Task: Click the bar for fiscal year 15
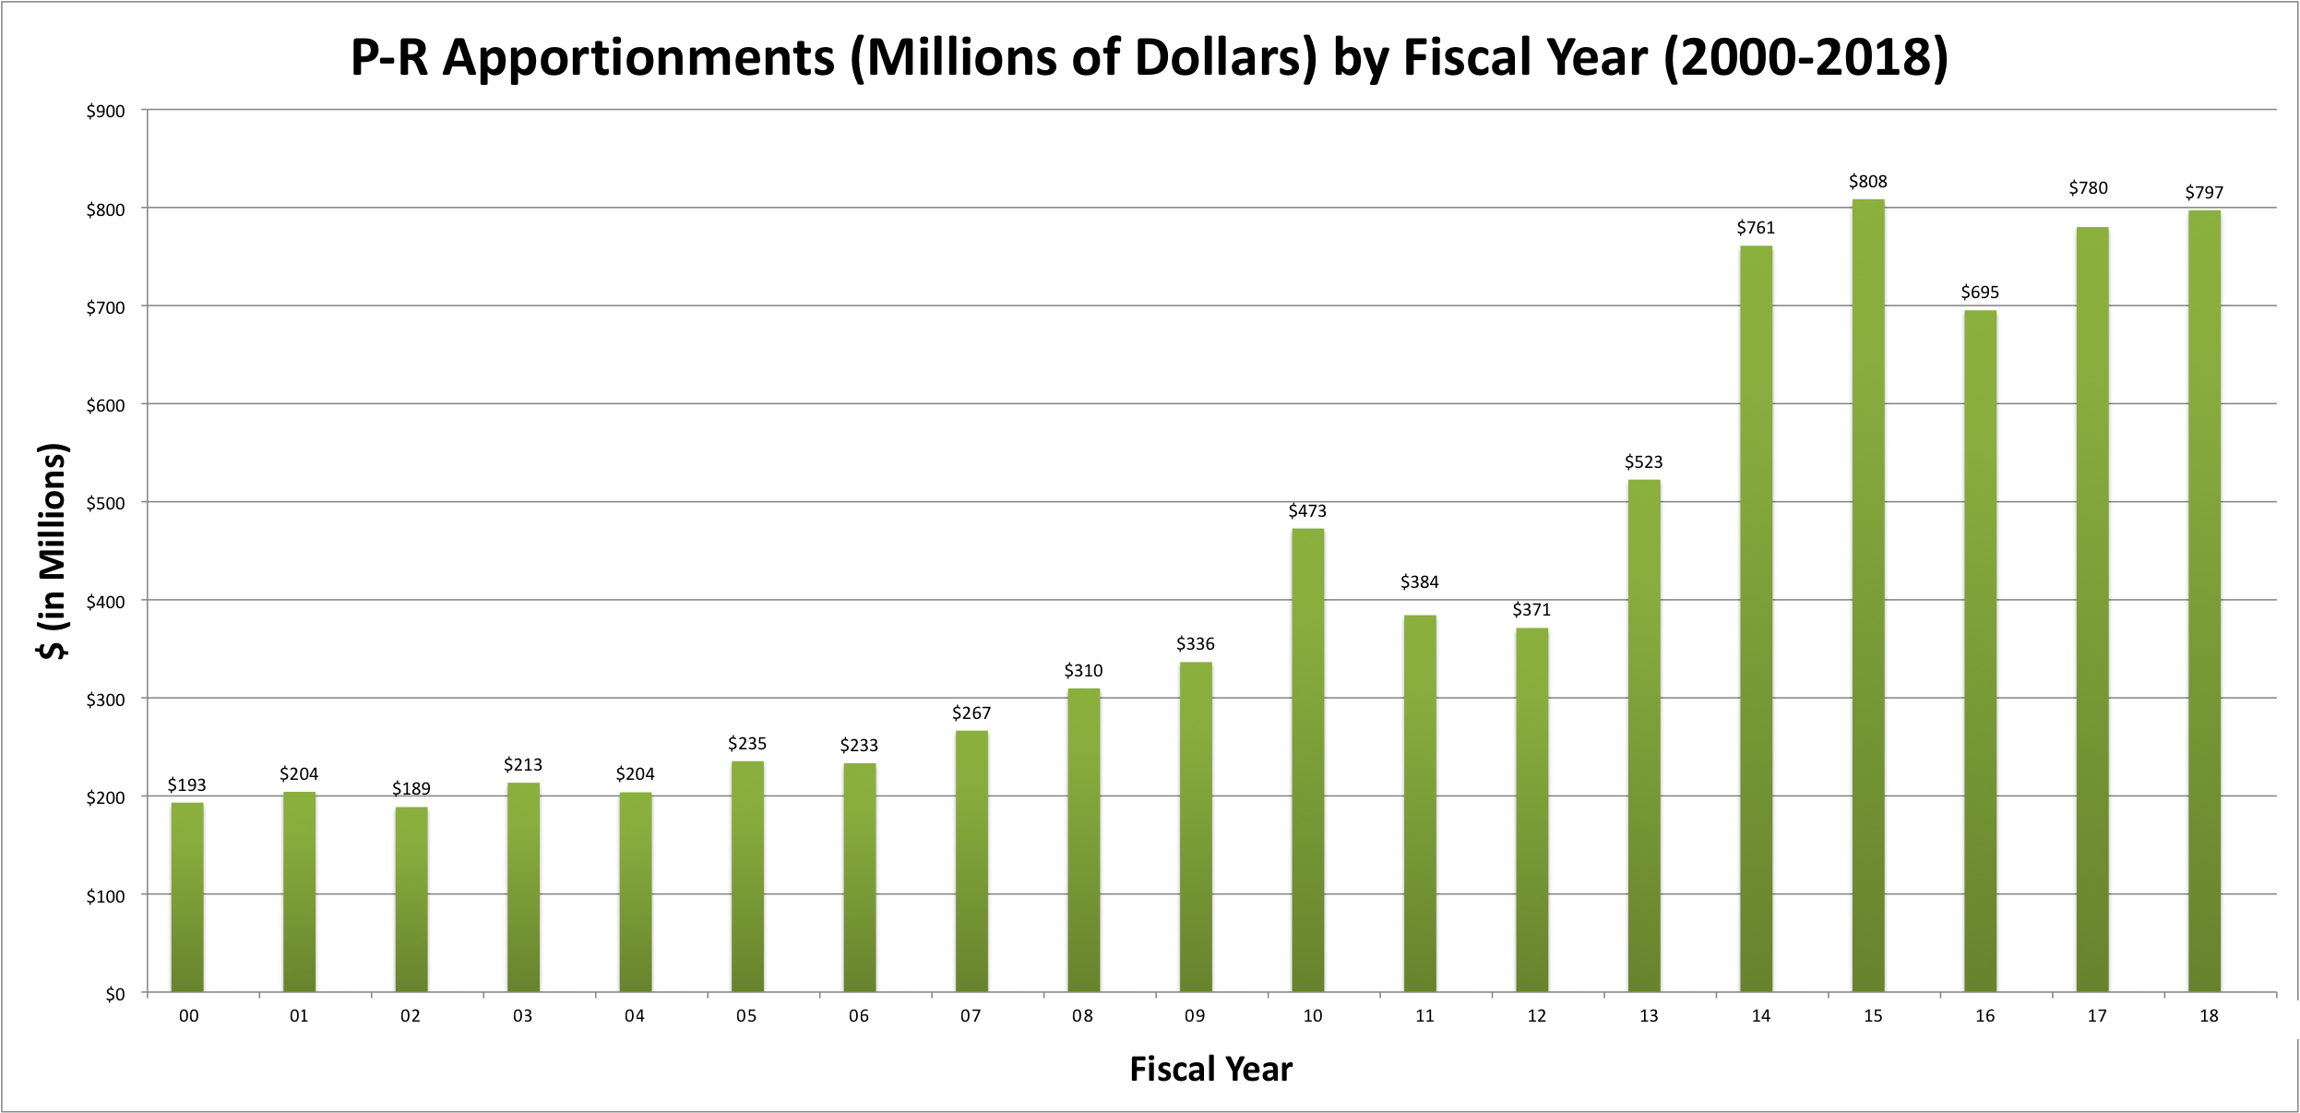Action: (1868, 595)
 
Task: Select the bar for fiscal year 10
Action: (1307, 760)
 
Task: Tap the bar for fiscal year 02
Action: (411, 900)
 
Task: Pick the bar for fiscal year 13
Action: (1644, 736)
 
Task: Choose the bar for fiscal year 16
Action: (1980, 651)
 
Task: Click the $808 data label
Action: (1867, 182)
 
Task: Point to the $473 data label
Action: (1307, 510)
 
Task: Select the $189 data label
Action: (411, 788)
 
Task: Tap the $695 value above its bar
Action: (1980, 293)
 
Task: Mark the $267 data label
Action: (971, 712)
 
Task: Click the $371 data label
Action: (1531, 609)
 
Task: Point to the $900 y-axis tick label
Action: (105, 112)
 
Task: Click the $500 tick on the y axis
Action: (105, 503)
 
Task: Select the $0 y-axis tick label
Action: (114, 994)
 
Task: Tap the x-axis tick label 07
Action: (971, 1016)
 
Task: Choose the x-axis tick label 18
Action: (2209, 1016)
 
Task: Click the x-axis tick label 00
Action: (188, 1016)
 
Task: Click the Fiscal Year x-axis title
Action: (1210, 1069)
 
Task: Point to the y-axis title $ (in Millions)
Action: (53, 551)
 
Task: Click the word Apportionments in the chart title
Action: (638, 57)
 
